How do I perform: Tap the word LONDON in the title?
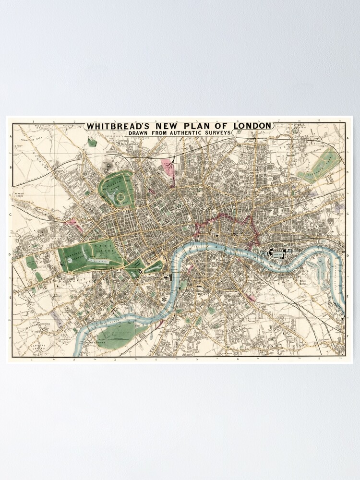point(252,126)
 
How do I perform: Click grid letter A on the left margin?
point(10,136)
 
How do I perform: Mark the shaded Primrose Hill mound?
point(106,165)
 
